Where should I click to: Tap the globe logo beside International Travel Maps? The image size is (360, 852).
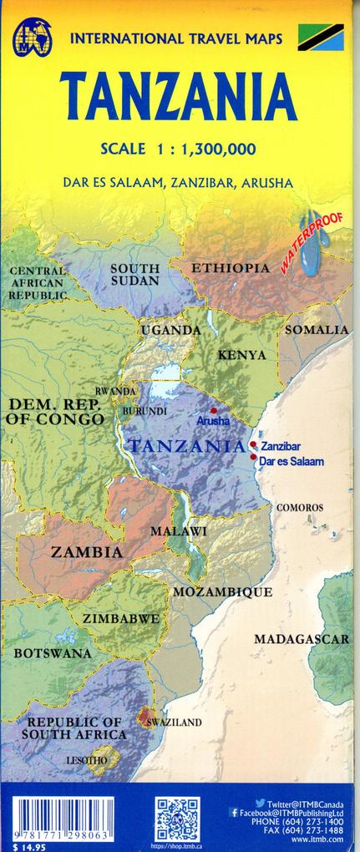pos(31,38)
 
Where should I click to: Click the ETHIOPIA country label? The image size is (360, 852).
pos(231,268)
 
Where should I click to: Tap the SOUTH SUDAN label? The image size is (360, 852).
pos(134,275)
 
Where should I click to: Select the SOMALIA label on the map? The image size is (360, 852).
pos(317,330)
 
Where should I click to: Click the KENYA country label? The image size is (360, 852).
pos(241,355)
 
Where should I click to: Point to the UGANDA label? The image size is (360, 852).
pos(170,331)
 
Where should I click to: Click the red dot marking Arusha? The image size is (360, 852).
pos(214,411)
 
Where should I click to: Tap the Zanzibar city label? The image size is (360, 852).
pos(280,447)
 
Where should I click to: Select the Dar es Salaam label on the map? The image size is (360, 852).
pos(290,461)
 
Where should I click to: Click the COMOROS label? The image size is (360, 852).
pos(300,507)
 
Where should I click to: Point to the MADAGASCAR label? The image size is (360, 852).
pos(302,639)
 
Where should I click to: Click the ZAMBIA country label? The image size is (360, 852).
pos(86,552)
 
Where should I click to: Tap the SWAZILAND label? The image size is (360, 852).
pos(174,722)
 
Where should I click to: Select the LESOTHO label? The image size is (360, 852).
pos(87,761)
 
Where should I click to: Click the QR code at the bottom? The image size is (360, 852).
pos(177,819)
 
